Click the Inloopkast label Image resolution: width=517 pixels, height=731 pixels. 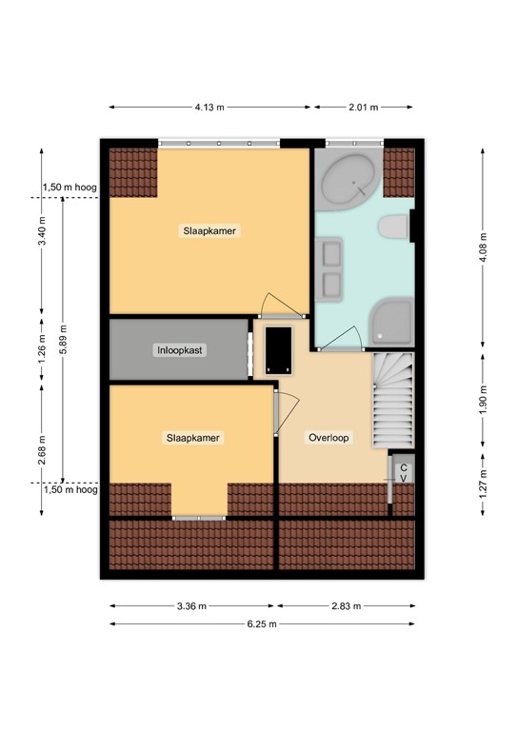[x=181, y=350]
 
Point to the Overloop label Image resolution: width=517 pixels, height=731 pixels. [x=328, y=439]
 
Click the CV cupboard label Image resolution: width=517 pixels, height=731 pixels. [x=404, y=473]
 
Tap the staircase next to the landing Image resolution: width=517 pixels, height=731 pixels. [x=394, y=400]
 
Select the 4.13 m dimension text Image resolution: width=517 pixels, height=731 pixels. [x=209, y=108]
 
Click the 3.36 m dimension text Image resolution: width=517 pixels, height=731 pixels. [x=193, y=605]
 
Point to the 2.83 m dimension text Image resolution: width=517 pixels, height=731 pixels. [x=347, y=605]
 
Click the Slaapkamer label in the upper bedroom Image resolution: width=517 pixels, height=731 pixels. [x=210, y=230]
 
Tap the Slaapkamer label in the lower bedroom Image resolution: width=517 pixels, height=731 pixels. [x=193, y=438]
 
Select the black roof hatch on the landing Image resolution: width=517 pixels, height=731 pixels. [x=278, y=349]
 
